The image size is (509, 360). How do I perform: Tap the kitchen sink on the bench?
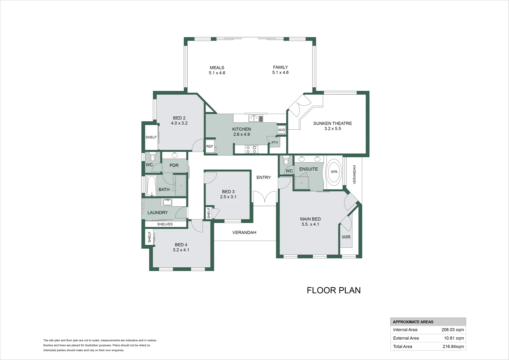256,118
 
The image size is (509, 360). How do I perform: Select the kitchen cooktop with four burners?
251,149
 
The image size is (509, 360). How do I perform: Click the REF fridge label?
210,146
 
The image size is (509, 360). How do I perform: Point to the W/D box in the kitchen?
281,130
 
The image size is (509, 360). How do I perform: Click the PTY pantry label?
275,143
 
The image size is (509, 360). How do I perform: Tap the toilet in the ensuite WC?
286,161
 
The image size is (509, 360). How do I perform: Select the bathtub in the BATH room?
151,186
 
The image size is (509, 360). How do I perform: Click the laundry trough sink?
167,202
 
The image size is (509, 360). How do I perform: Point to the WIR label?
346,237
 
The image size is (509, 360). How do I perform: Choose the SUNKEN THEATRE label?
332,123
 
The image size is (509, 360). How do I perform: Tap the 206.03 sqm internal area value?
453,330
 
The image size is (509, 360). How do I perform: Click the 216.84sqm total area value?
453,347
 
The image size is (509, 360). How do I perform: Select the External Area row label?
406,338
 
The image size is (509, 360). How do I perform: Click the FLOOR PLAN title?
333,290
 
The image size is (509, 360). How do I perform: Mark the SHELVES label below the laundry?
165,224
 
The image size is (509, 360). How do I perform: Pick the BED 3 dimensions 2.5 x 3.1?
228,197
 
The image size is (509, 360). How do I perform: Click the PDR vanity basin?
175,155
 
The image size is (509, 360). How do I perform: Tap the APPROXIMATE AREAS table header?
413,322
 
